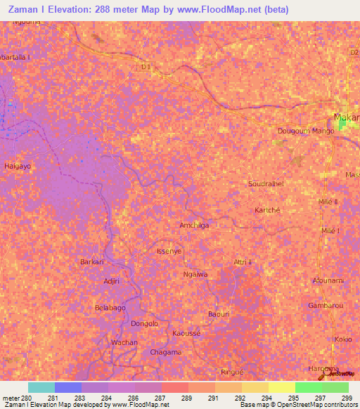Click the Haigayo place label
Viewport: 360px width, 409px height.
click(x=18, y=166)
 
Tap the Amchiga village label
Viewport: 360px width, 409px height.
click(x=195, y=225)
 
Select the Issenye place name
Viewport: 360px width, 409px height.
click(x=169, y=250)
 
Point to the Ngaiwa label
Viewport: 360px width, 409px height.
click(x=195, y=274)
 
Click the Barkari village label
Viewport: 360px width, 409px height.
click(x=92, y=261)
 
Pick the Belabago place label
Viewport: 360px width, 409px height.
click(x=110, y=308)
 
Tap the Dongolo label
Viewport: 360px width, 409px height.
click(x=144, y=323)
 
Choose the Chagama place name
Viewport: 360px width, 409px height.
click(x=166, y=352)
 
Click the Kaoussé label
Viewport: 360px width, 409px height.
click(x=186, y=332)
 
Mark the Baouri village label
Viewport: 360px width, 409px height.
click(x=219, y=313)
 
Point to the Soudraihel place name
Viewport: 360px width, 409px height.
click(x=266, y=184)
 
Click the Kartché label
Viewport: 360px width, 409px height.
click(x=267, y=210)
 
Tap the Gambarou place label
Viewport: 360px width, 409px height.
click(x=325, y=306)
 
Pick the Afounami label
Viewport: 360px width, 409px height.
click(x=328, y=280)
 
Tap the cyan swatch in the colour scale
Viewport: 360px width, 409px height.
click(x=41, y=387)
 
